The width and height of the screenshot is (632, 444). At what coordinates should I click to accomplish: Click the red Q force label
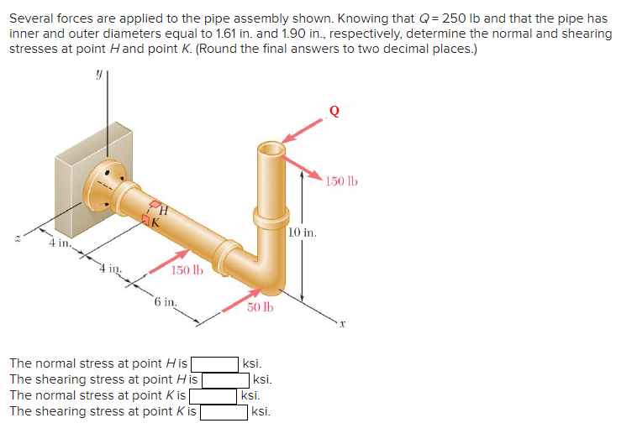(x=335, y=109)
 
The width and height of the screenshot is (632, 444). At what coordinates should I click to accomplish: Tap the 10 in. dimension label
(x=303, y=232)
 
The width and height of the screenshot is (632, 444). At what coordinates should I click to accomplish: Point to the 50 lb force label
(x=260, y=308)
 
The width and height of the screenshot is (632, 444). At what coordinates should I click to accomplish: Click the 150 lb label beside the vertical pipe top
(x=341, y=181)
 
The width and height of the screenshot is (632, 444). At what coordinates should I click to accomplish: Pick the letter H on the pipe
(x=164, y=211)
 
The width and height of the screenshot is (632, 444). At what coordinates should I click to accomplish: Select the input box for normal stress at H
(x=214, y=364)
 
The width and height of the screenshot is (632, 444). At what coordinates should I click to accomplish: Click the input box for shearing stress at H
(x=224, y=380)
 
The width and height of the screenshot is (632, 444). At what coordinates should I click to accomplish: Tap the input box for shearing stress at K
(x=224, y=412)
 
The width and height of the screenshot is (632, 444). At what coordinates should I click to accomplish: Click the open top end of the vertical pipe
(x=272, y=149)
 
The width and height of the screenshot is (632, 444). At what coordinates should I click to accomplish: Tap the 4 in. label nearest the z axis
(x=59, y=244)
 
